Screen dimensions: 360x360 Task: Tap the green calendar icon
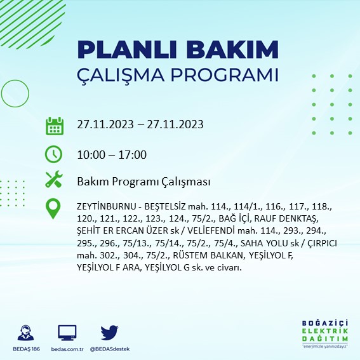coord(54,125)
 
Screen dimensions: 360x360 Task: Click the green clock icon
coord(54,154)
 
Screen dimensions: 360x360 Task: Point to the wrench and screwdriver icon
coord(54,180)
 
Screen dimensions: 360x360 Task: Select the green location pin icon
coord(54,208)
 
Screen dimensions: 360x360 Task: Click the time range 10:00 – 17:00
coord(112,154)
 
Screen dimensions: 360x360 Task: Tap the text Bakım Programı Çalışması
coord(143,182)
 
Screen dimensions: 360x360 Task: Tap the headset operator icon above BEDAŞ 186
coord(29,332)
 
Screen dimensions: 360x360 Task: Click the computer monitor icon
coord(67,332)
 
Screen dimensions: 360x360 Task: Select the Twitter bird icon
coord(110,332)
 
